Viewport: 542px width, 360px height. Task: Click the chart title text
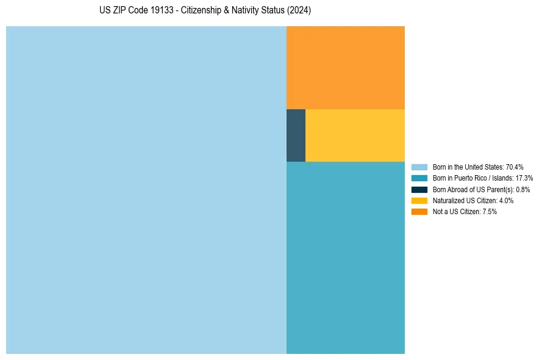[x=205, y=11]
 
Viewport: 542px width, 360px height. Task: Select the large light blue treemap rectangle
[x=146, y=190]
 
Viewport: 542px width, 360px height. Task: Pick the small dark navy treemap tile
[x=296, y=135]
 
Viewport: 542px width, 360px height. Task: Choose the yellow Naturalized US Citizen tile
[x=355, y=135]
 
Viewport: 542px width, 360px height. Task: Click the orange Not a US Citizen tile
[x=345, y=68]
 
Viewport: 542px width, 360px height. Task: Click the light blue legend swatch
[x=419, y=167]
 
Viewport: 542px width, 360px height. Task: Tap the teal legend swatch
[x=419, y=178]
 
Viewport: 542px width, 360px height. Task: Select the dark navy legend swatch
[x=419, y=190]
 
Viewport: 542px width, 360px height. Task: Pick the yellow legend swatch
[x=419, y=201]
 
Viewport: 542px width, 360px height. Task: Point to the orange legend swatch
[x=419, y=212]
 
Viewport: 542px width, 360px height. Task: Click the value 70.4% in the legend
[x=515, y=167]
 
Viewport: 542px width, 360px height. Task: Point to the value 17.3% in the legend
[x=524, y=178]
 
